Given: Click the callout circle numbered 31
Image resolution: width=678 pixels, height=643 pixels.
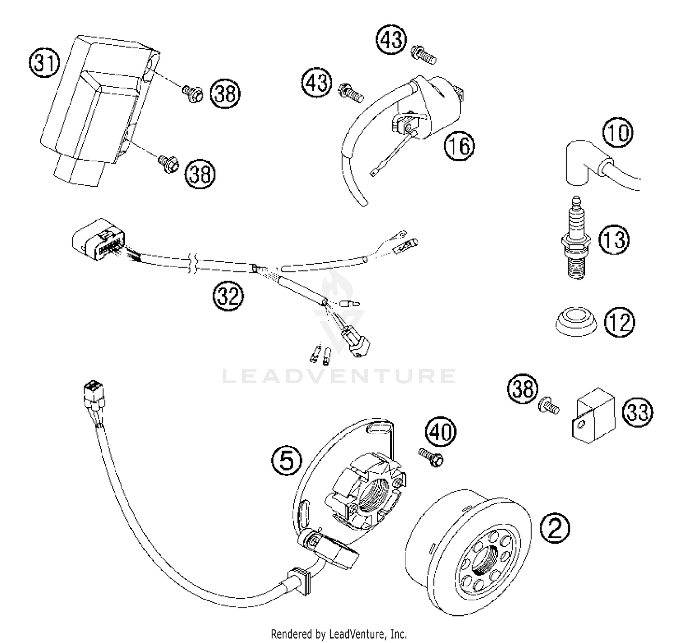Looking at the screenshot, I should click(44, 63).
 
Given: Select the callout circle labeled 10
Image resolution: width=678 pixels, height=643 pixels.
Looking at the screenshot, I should click(618, 133).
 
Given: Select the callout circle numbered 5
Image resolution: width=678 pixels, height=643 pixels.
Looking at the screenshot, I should click(287, 461).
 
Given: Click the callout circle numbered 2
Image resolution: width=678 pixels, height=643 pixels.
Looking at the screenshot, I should click(555, 527).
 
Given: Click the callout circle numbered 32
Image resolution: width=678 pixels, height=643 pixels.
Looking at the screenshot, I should click(228, 297).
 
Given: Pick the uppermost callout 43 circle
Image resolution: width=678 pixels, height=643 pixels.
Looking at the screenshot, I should click(391, 39).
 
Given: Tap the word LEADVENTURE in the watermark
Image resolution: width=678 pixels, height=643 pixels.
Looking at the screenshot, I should click(339, 376).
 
